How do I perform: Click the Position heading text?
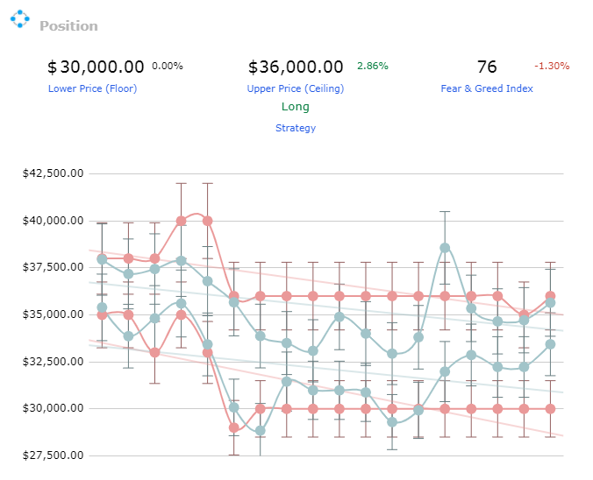pos(68,26)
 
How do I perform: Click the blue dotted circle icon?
pos(19,19)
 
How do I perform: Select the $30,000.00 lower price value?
pos(96,67)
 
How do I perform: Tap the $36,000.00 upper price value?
pos(296,67)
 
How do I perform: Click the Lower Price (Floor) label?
pos(92,88)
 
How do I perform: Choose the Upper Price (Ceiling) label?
pos(296,88)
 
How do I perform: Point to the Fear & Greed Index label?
pos(487,88)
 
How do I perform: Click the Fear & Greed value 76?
pos(487,67)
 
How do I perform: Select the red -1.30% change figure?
pos(552,66)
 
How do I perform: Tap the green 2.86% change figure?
pos(373,66)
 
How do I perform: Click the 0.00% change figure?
pos(168,66)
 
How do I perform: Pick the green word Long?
pos(296,107)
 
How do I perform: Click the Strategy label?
pos(296,128)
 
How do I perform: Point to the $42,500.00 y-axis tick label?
pos(53,173)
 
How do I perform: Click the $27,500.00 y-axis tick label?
pos(53,455)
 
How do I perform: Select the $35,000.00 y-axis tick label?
pos(53,314)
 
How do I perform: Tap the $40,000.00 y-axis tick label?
pos(53,221)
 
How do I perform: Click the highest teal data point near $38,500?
pos(445,248)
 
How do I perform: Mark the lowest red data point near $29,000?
pos(234,427)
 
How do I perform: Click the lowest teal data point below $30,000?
pos(261,431)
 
